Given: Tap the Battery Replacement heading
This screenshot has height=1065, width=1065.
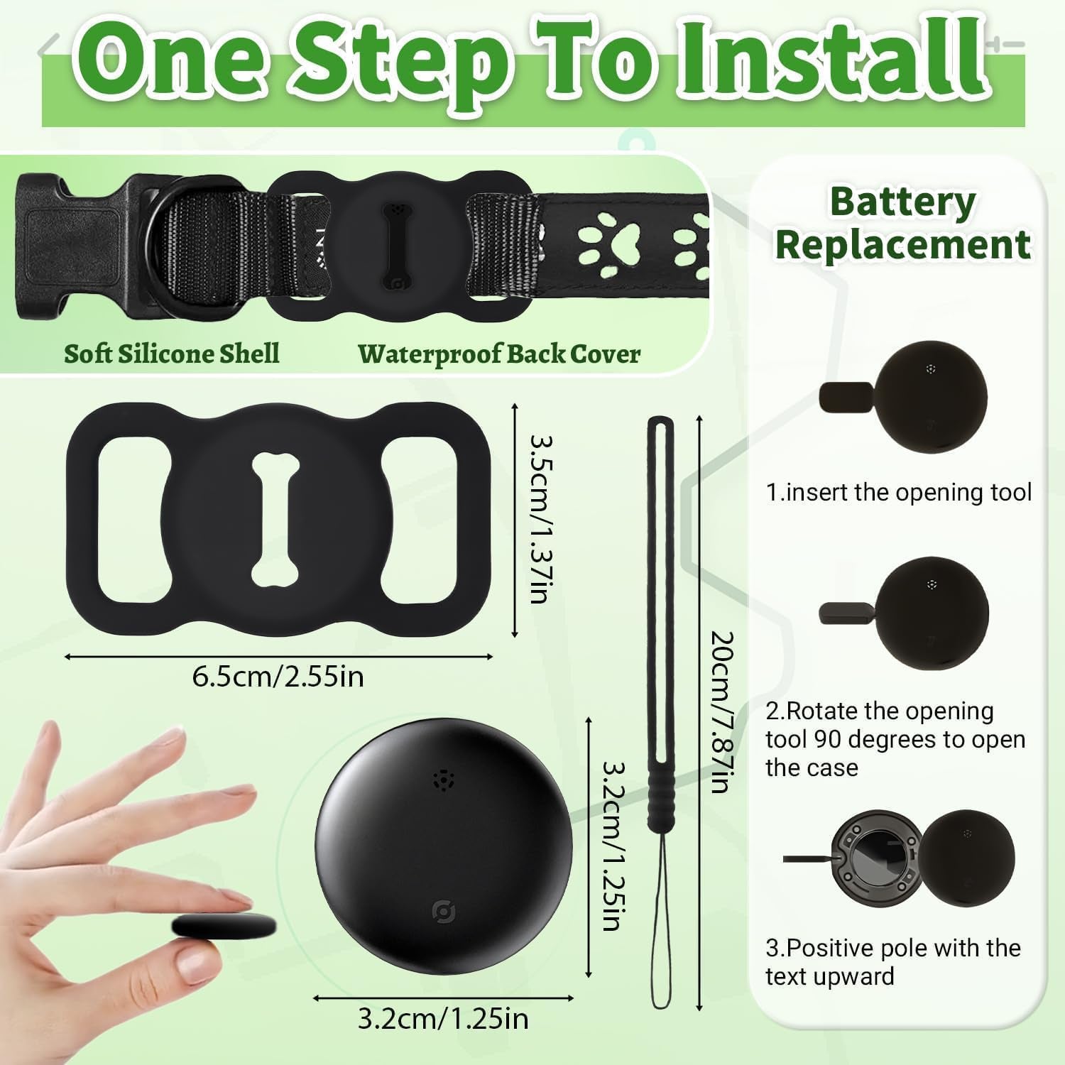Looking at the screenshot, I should point(902,223).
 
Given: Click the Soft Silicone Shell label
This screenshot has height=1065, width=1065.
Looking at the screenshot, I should point(171,354).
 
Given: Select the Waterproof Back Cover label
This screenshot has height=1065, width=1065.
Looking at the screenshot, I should point(498,354).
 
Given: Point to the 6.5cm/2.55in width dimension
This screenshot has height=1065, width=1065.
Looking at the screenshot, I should point(278,676).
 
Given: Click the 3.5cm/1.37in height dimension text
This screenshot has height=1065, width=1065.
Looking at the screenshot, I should point(541,519).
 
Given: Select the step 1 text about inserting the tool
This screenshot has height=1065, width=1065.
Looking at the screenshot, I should point(898,492).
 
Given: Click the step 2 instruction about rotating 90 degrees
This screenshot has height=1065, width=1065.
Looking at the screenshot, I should point(895,739).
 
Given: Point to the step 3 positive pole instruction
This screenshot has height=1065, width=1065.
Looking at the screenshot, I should point(892,962).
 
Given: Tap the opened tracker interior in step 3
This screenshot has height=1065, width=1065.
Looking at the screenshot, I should point(875,860).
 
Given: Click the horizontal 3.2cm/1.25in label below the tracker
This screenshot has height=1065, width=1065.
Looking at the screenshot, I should point(442,1020).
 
